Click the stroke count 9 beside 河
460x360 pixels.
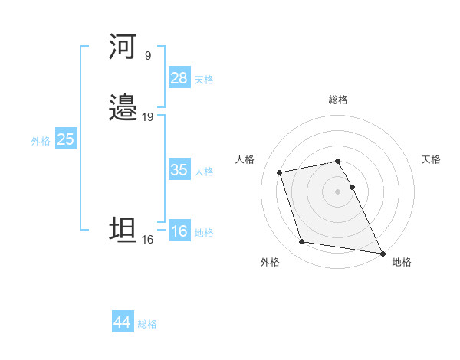coord(147,56)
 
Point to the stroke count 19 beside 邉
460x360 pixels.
coord(147,117)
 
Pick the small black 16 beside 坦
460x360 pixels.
coord(147,240)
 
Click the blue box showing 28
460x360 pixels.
coord(179,78)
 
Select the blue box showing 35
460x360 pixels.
coord(179,170)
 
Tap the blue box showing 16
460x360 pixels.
coord(179,231)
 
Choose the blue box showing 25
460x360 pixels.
coord(66,139)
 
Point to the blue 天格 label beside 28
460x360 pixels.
coord(204,80)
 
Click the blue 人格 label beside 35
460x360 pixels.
coord(204,172)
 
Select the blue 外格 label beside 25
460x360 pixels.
coord(41,141)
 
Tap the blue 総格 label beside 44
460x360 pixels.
coord(147,324)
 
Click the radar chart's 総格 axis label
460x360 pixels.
coord(338,100)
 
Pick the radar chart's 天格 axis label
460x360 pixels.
coord(431,159)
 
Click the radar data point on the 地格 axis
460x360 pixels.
coord(383,253)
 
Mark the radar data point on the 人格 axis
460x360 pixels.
coord(280,172)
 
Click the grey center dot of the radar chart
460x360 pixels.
coord(338,191)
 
